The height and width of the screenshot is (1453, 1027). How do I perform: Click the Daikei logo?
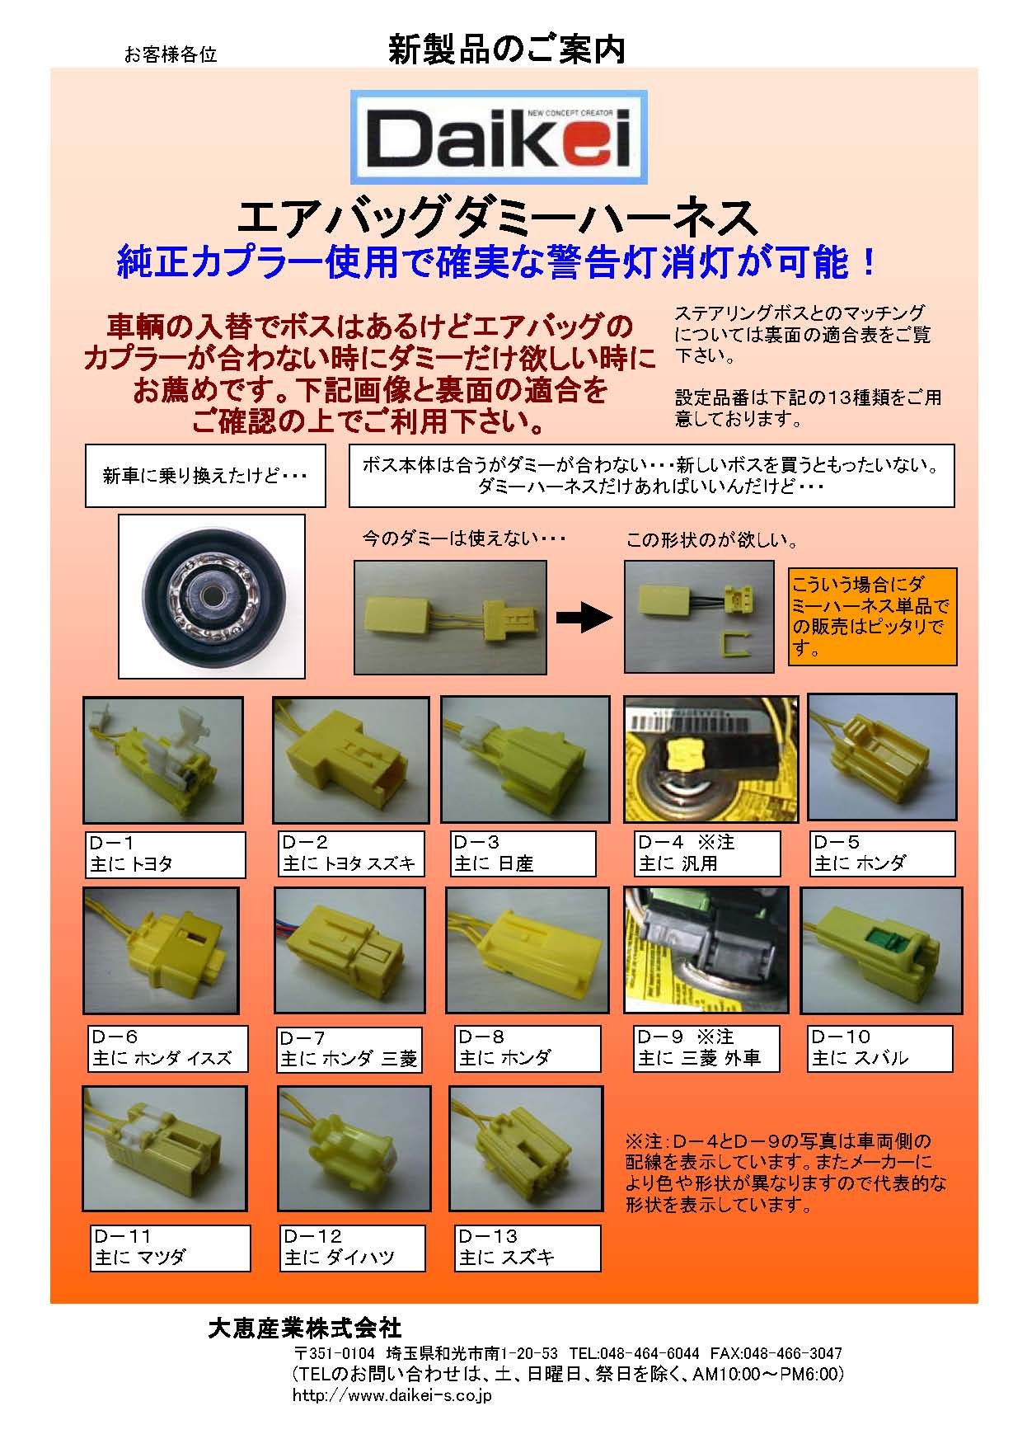point(499,137)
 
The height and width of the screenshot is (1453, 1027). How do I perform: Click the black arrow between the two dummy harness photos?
point(585,618)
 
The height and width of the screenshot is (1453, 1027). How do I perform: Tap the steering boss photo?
point(212,595)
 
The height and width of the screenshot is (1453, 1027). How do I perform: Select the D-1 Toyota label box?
point(165,854)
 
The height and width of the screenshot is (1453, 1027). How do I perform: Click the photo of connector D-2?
point(351,760)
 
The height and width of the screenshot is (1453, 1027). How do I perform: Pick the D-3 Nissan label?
point(523,853)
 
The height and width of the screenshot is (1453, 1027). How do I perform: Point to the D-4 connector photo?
point(711,760)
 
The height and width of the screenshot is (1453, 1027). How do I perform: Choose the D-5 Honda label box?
point(883,853)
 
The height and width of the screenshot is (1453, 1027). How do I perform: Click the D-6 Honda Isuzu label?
point(168,1048)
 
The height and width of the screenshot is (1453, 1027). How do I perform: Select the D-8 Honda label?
point(528,1048)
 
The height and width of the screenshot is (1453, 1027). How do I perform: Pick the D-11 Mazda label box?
point(170,1248)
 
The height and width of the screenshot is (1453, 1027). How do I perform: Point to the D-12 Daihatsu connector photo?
point(354,1148)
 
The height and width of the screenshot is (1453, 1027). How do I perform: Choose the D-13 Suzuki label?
point(528,1248)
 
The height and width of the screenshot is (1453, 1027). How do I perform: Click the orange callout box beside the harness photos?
point(873,616)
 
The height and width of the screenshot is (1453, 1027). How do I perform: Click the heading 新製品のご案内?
point(507,51)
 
